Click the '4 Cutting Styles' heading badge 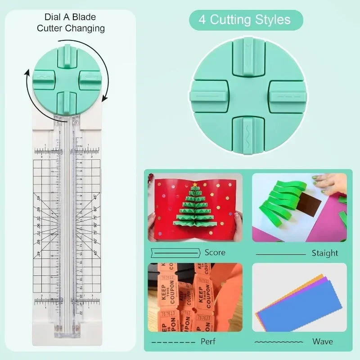(246, 20)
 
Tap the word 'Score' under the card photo (215, 252)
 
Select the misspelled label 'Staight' (324, 253)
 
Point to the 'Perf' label (208, 342)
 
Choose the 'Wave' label (323, 342)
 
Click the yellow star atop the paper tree (195, 184)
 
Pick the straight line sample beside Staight (280, 254)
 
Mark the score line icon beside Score (175, 252)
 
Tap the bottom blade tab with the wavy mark (248, 135)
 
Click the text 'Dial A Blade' (70, 17)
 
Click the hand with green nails (329, 181)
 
